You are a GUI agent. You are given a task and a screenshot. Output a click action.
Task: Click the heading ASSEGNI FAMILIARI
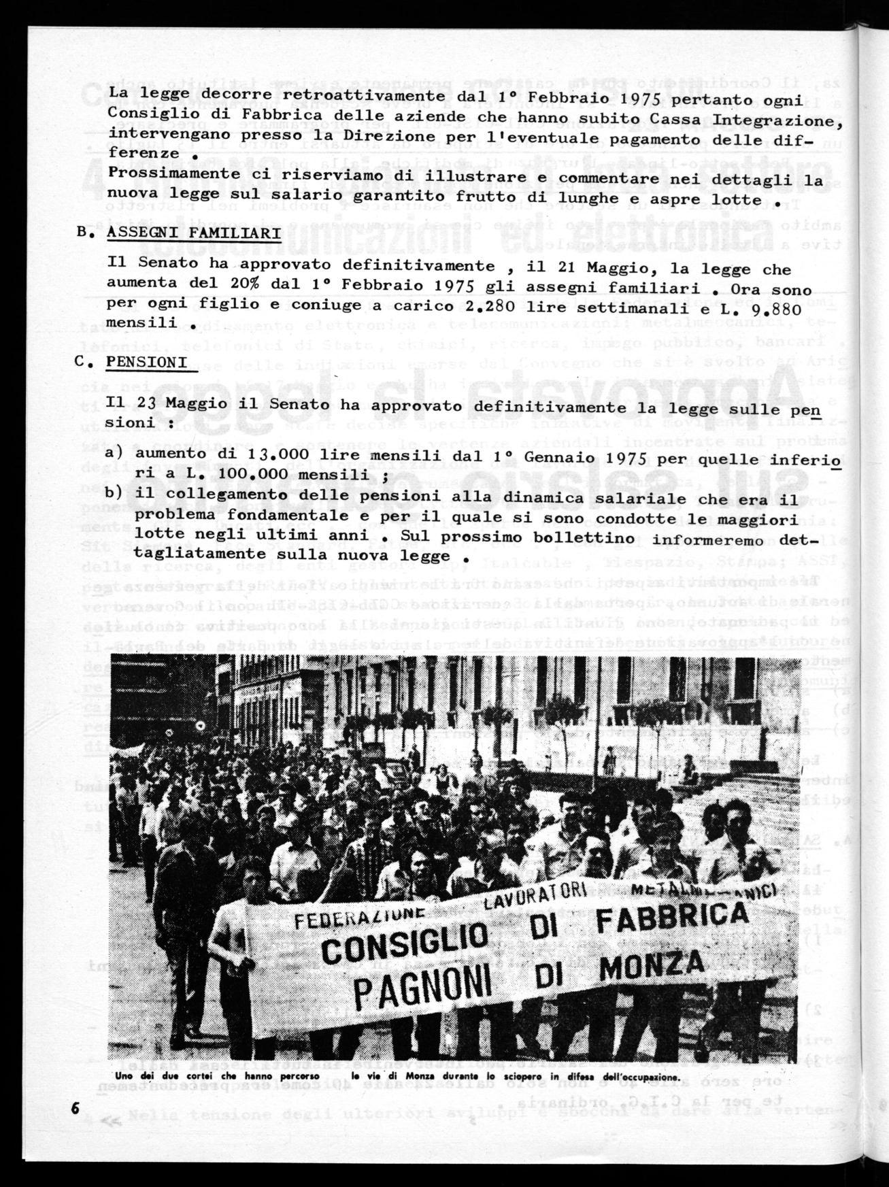click(x=193, y=233)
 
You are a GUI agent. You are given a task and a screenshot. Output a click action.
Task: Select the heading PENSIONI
click(x=147, y=362)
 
